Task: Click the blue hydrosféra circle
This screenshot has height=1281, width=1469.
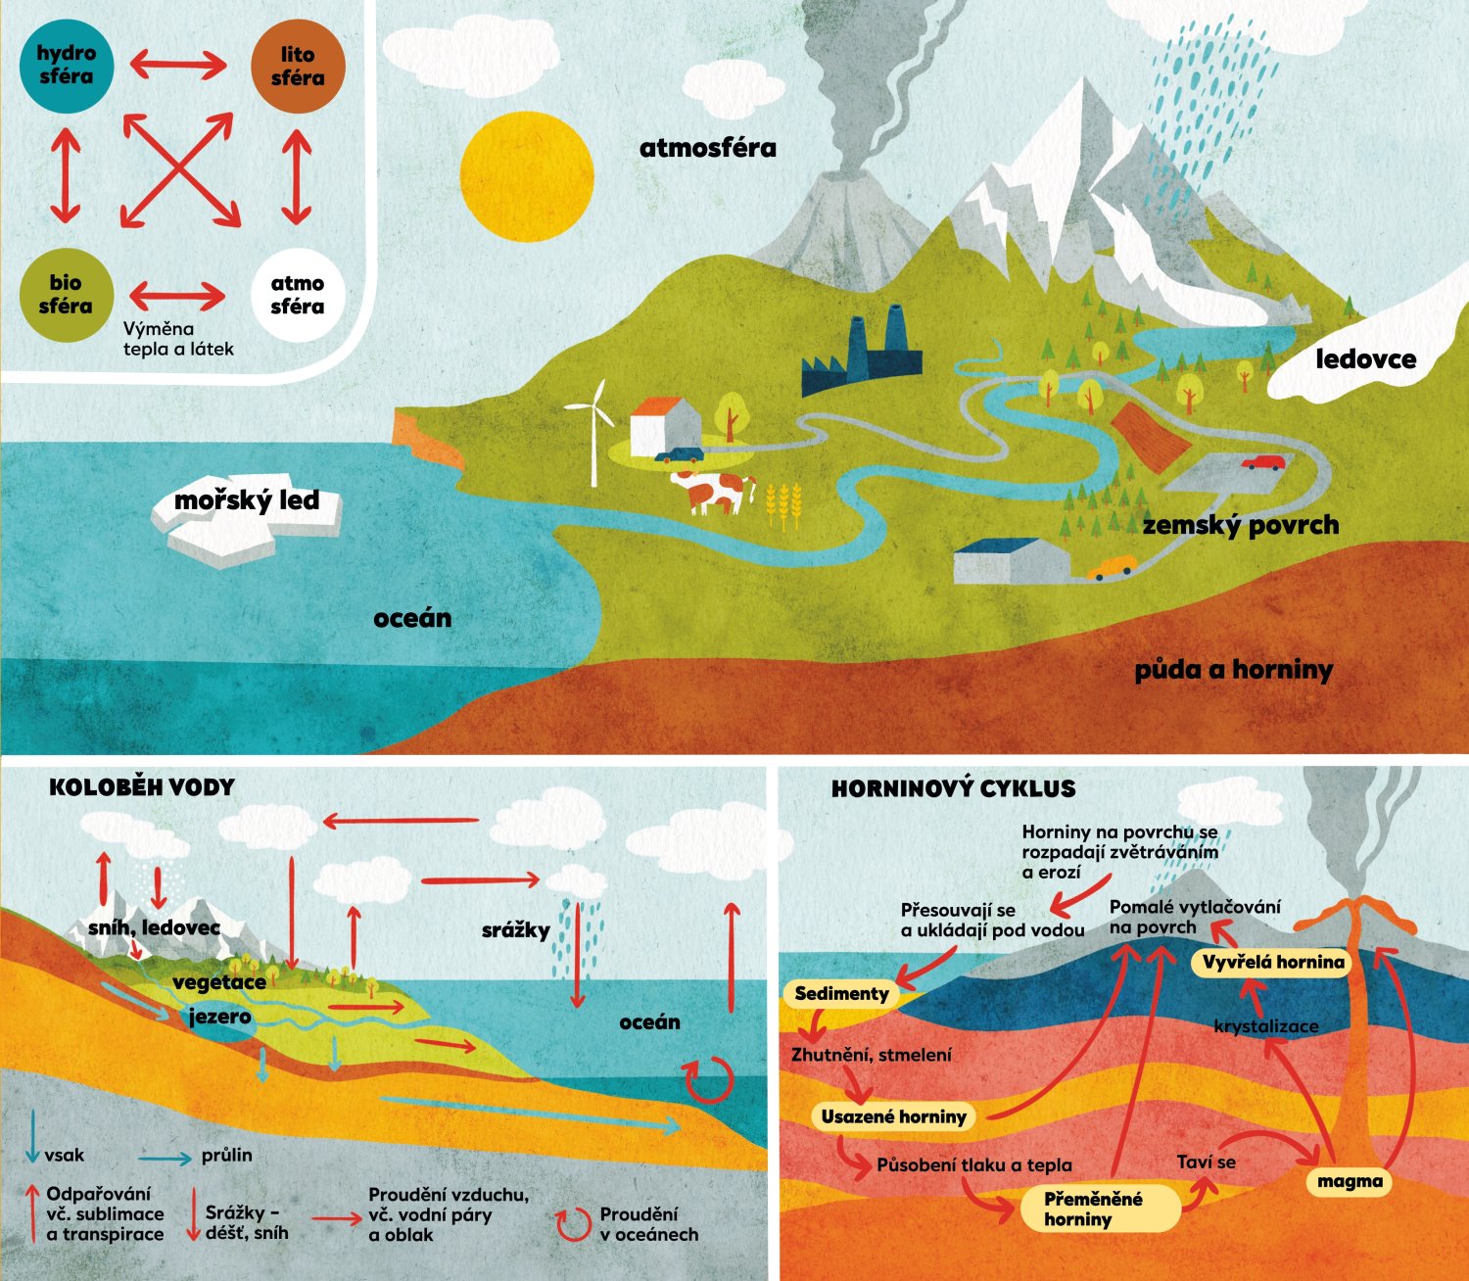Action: (67, 66)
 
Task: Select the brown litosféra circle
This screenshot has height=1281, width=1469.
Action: (298, 66)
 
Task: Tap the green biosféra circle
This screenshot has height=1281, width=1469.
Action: (67, 294)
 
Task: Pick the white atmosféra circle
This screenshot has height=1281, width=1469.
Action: (298, 294)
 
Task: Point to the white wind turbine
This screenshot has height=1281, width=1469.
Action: (593, 431)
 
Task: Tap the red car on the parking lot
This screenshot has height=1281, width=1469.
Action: (1264, 462)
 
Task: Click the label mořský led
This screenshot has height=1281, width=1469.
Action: (247, 501)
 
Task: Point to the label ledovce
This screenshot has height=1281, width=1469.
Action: (1365, 359)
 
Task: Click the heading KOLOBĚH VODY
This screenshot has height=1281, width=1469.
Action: (142, 787)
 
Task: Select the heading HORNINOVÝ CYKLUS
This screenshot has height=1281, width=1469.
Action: (953, 789)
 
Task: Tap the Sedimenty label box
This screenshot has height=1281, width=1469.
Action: (841, 994)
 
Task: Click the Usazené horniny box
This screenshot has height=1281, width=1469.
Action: (893, 1116)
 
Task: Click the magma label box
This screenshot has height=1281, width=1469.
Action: (1349, 1181)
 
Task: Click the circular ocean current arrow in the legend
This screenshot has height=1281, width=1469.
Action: (573, 1225)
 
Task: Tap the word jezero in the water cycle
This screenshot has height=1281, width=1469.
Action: (219, 1017)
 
